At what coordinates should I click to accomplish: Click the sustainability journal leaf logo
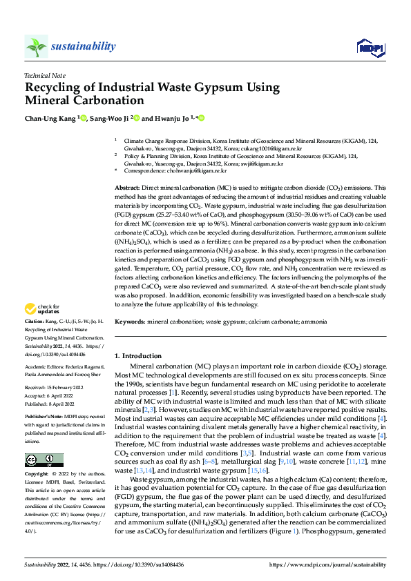(x=37, y=46)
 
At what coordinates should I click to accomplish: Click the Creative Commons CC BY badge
(x=44, y=460)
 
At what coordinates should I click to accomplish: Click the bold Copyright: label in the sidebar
(x=37, y=475)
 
